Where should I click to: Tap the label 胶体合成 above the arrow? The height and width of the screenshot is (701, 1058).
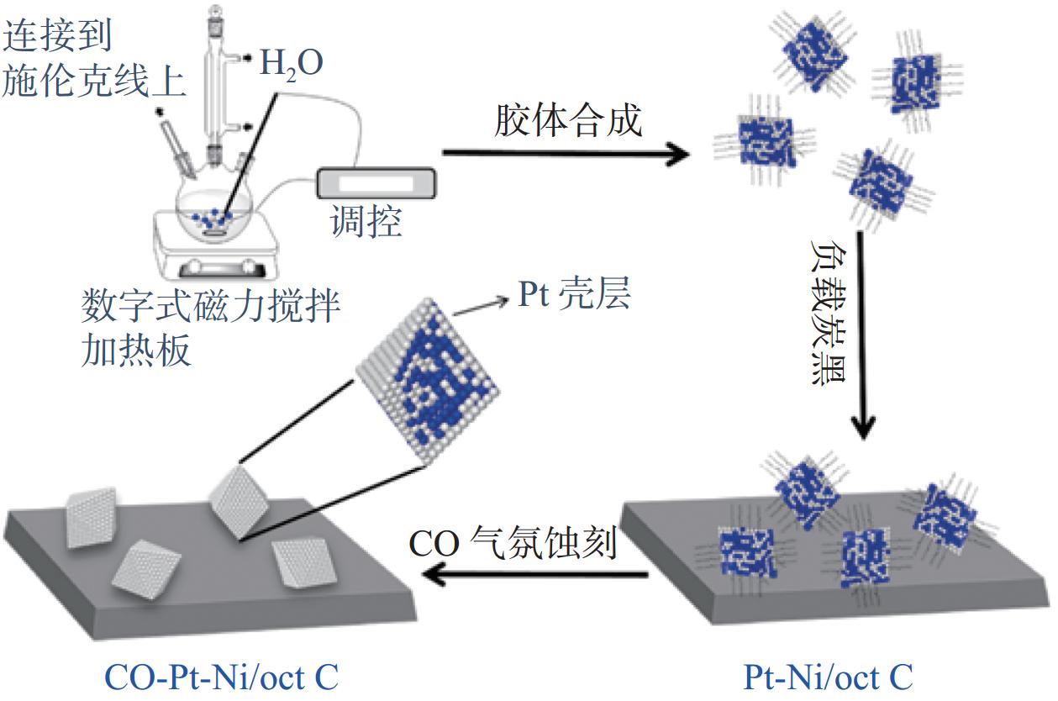(x=568, y=120)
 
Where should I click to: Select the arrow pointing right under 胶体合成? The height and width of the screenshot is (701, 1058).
(x=566, y=153)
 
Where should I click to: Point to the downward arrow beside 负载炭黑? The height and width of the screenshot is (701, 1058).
(x=862, y=335)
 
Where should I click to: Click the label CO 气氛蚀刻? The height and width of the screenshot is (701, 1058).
(x=513, y=543)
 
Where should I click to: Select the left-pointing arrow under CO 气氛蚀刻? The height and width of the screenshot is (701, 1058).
(x=535, y=575)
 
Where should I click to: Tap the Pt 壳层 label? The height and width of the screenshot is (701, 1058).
(x=574, y=294)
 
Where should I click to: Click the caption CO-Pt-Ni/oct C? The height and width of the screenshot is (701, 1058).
(x=221, y=677)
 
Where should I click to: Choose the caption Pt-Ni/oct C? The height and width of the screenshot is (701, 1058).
(x=829, y=677)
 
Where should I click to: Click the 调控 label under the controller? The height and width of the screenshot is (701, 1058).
(x=366, y=220)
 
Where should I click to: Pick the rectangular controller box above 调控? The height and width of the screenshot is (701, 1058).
(x=376, y=182)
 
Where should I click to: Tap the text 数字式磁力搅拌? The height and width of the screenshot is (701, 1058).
(x=211, y=306)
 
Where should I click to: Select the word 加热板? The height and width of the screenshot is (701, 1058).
(x=136, y=350)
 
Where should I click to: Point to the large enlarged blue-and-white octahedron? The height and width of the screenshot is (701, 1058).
(x=428, y=380)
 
